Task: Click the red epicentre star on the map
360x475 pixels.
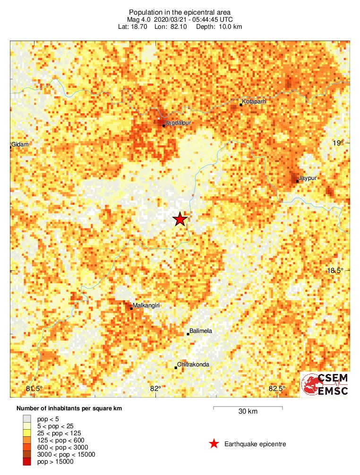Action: pos(180,219)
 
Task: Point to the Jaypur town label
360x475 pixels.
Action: pos(308,178)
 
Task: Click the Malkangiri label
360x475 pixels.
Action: pos(147,305)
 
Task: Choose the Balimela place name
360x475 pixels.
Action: pos(201,331)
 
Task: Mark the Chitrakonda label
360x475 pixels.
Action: pos(193,365)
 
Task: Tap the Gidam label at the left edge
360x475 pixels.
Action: pos(20,144)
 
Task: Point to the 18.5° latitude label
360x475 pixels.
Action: pos(335,271)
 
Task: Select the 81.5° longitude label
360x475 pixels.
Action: pos(34,389)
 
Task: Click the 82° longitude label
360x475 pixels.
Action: pos(155,389)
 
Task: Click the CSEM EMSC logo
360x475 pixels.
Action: pos(326,384)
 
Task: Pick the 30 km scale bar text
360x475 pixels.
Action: pos(248,412)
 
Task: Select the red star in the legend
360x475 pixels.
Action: pos(214,444)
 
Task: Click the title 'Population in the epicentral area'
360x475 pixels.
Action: pos(180,11)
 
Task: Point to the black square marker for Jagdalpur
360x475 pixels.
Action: pos(163,126)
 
